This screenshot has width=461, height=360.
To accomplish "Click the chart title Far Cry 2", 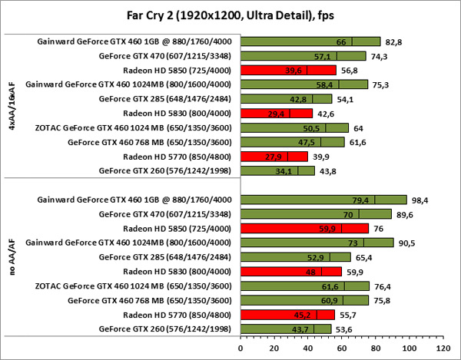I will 230,14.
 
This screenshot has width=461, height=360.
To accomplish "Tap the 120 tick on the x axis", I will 440,348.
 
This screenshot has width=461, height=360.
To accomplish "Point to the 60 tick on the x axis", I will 340,348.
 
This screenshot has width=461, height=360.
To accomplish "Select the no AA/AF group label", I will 10,265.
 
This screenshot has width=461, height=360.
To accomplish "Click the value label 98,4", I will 420,200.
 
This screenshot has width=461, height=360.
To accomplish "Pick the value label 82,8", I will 393,41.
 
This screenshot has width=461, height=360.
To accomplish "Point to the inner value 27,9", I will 275,157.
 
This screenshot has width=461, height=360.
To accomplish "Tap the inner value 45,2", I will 304,315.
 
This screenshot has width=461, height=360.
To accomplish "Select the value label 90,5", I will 406,243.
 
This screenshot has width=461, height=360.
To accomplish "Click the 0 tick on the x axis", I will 240,348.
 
